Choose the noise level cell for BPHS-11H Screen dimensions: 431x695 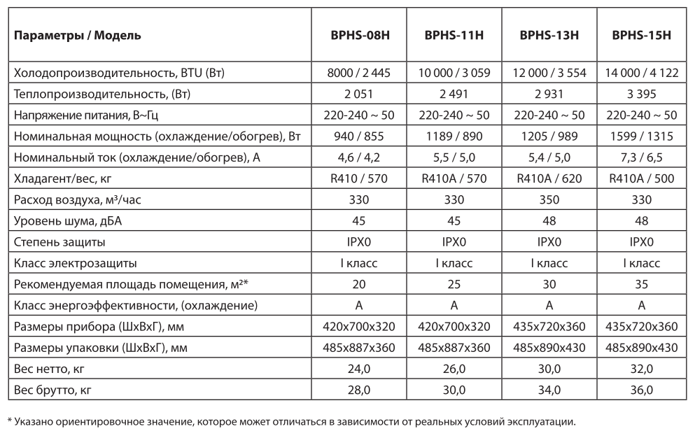(x=454, y=221)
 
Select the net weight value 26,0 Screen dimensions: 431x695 (x=454, y=368)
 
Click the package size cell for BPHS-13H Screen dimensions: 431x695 (x=549, y=347)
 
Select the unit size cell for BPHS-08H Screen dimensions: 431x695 (x=359, y=326)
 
